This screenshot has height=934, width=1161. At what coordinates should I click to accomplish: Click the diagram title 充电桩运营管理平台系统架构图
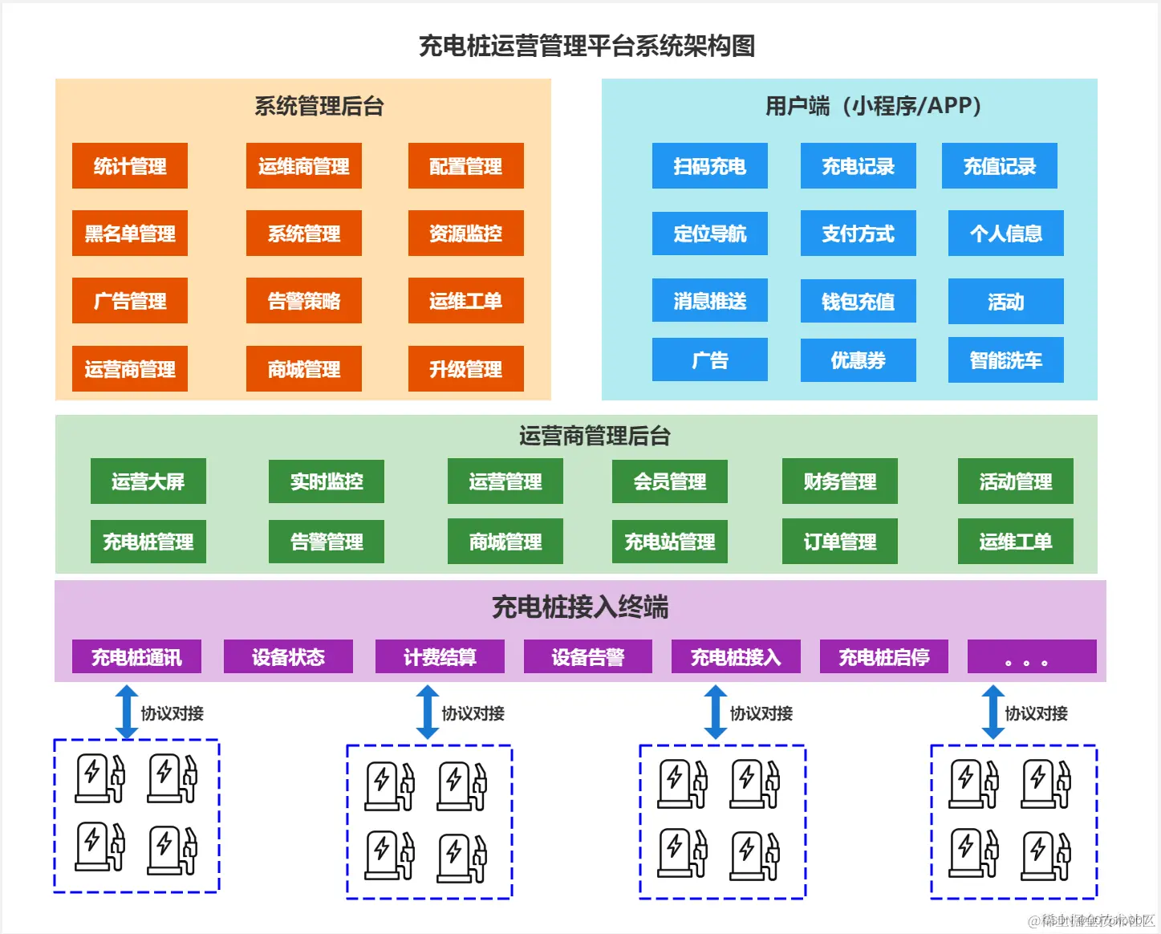[587, 46]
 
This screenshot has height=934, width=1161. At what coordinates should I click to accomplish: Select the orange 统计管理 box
[130, 166]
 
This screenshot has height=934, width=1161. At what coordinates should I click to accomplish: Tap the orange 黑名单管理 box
[130, 233]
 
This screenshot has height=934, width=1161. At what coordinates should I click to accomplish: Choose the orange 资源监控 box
[465, 233]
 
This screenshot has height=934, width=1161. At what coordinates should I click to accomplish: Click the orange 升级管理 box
[465, 369]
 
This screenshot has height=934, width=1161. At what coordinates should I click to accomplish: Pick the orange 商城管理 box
[303, 369]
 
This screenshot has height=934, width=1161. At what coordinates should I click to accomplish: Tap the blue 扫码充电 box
[709, 166]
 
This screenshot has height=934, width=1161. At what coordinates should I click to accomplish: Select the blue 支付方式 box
[858, 233]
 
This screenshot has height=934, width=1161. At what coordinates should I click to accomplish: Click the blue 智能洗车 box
[1005, 360]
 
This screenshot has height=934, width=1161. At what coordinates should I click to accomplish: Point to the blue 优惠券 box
[858, 360]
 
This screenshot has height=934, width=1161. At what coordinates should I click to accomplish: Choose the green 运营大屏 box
[148, 481]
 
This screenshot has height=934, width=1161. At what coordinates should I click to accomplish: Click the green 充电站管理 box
[669, 542]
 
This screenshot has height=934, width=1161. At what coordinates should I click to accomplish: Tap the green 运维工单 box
[1015, 542]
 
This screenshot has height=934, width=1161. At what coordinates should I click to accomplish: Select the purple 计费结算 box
[440, 657]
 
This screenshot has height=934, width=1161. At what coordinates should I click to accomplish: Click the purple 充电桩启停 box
[883, 657]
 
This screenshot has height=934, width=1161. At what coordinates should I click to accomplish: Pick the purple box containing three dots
[1031, 657]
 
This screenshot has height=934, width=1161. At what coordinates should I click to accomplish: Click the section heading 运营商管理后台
[594, 436]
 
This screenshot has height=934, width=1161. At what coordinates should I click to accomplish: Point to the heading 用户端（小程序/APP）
[873, 106]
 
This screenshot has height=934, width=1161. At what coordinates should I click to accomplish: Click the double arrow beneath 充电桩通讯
[127, 712]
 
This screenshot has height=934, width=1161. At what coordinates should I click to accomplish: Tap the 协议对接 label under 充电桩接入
[761, 713]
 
